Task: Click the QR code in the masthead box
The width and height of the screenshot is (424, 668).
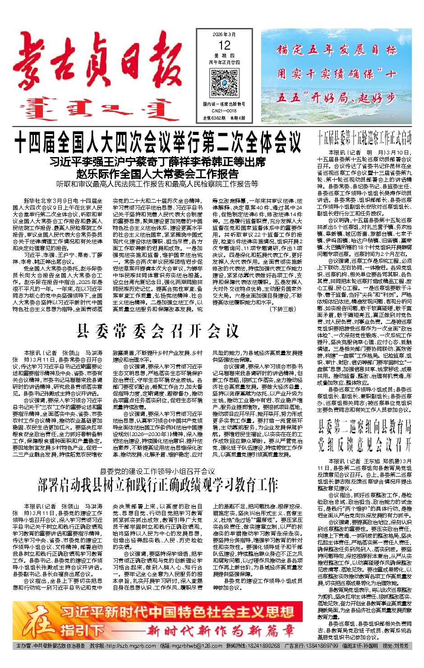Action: tap(224, 83)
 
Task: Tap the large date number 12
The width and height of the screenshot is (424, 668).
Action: tap(224, 45)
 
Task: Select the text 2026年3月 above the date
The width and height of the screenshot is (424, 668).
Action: tap(224, 35)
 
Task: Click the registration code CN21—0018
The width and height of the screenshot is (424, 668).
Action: tap(224, 111)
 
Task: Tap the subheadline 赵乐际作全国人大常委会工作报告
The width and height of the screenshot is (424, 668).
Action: tap(157, 174)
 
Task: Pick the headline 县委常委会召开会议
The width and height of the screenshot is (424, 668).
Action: tap(157, 332)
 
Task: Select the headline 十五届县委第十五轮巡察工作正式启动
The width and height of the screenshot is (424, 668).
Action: tap(364, 138)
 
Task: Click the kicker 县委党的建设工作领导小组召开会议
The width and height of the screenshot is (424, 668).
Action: tap(157, 471)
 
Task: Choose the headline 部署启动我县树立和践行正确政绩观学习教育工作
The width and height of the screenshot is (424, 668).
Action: tap(157, 486)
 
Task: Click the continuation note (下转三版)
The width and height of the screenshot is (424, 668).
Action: tap(282, 309)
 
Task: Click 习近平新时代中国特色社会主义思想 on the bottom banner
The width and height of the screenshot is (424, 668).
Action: tap(177, 612)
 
